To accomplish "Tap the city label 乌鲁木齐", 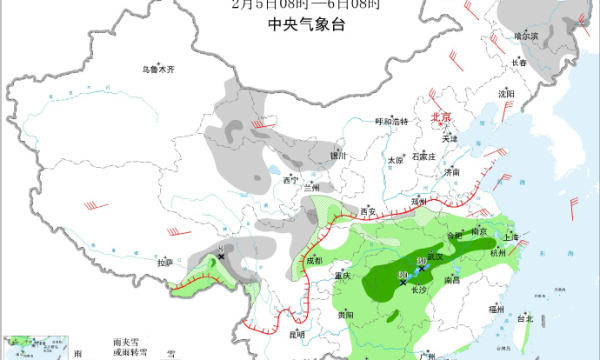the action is pos(157,69).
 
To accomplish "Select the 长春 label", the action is pos(519,62).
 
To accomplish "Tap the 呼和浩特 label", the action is pos(392,121).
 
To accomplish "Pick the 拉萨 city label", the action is pos(165,262).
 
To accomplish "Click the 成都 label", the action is pos(315,261).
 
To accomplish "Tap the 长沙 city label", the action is pos(418,290).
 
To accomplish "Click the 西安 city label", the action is pos(366,212).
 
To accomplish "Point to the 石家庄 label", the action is pos(427,157).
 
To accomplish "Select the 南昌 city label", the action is pos(453,281).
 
